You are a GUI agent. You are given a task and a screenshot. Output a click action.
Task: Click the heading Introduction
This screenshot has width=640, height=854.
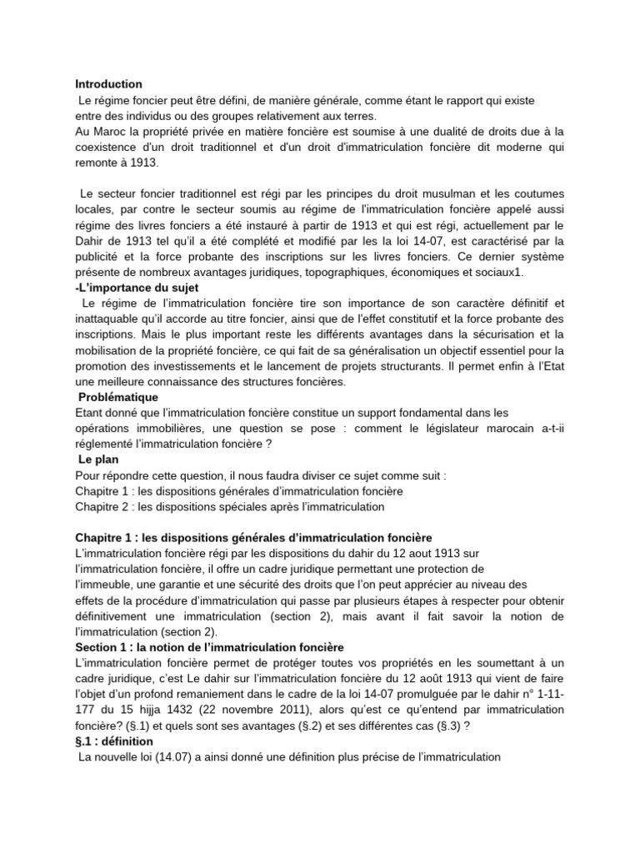click(x=108, y=84)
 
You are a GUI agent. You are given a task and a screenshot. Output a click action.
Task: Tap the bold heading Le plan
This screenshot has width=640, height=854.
click(x=97, y=460)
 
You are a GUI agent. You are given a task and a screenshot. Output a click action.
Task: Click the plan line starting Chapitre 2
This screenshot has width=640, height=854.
click(x=229, y=506)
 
